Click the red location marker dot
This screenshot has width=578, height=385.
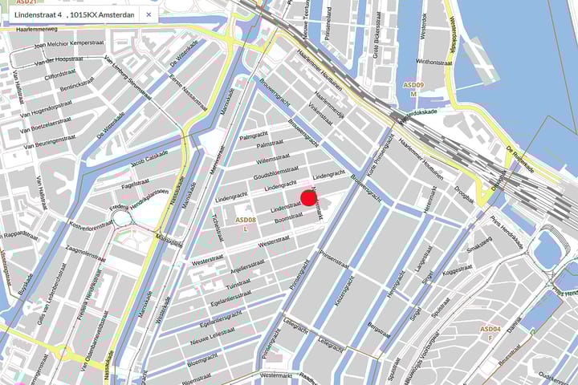[309, 198]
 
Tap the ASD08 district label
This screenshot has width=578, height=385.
[245, 219]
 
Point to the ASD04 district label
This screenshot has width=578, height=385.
[490, 329]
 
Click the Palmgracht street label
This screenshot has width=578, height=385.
[253, 135]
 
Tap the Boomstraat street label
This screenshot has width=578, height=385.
[288, 217]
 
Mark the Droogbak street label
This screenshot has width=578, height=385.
[465, 192]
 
